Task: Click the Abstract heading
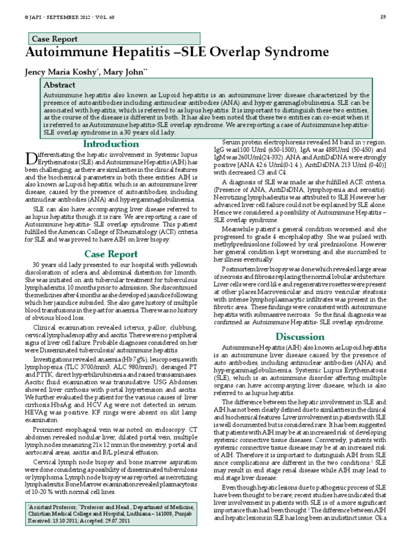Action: pos(59,85)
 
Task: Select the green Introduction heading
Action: pos(111,144)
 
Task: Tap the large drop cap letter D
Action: pos(31,158)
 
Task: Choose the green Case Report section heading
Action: pos(111,254)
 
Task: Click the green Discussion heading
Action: pos(300,336)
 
